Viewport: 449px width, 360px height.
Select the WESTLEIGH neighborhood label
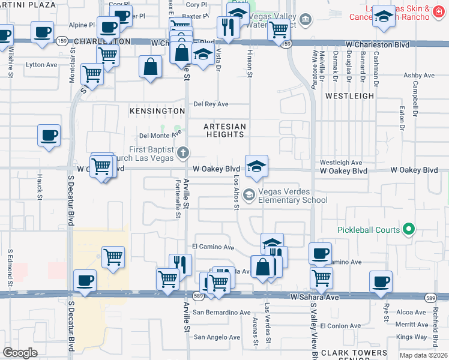349,95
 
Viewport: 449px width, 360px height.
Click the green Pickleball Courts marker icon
409,229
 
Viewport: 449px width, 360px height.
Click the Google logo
20,352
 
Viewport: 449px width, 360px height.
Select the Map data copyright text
424,355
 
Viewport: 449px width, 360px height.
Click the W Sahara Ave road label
315,297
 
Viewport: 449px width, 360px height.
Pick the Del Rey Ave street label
211,104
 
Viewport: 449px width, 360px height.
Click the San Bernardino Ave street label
221,313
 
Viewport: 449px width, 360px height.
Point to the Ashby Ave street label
418,76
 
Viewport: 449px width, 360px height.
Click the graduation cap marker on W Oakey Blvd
256,166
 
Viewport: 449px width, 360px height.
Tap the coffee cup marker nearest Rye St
380,281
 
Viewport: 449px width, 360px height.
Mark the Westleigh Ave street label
340,163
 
